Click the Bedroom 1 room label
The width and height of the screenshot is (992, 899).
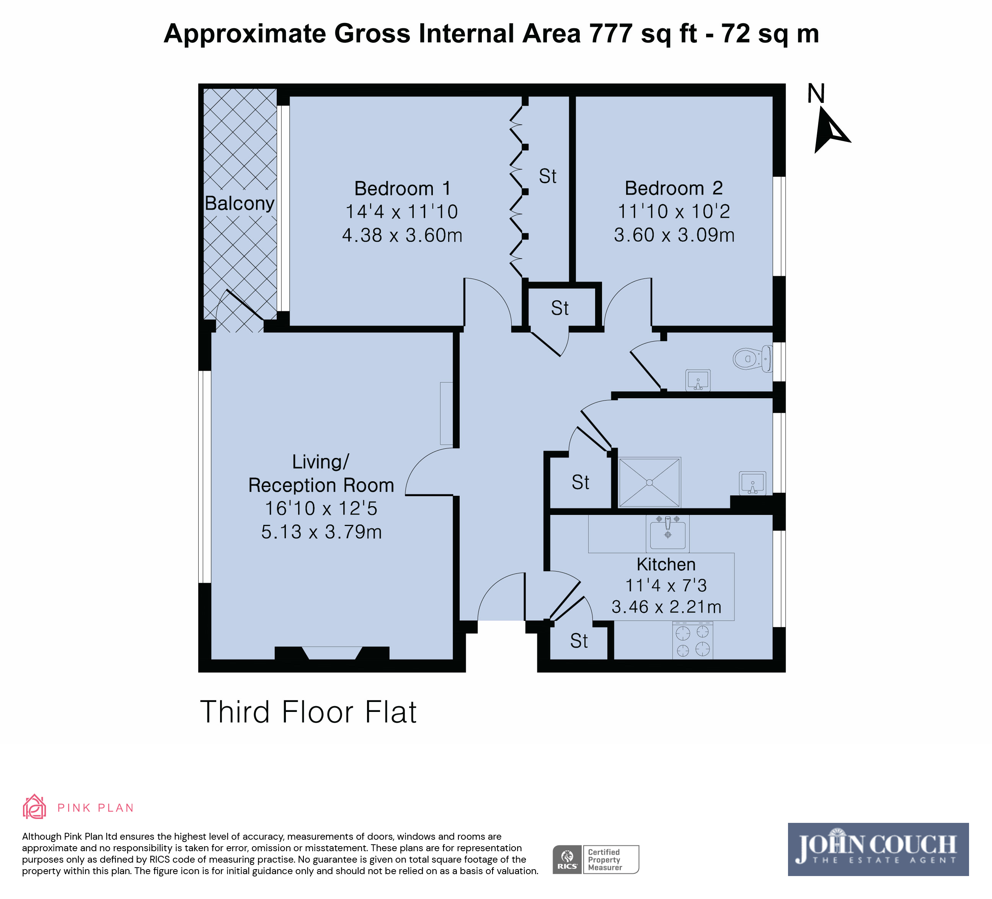[x=402, y=188]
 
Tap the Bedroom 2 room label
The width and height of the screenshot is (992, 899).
[x=674, y=188]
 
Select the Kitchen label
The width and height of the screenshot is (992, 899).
[x=666, y=564]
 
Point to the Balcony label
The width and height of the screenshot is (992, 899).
[x=239, y=203]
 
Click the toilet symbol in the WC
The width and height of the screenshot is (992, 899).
[x=752, y=358]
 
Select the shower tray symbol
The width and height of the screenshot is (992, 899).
[x=649, y=482]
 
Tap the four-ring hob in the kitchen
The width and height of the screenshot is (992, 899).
[x=693, y=640]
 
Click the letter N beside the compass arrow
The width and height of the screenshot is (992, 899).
[x=816, y=93]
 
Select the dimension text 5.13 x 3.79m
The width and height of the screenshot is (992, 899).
[x=321, y=532]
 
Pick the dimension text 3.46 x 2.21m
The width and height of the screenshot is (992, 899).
[x=666, y=607]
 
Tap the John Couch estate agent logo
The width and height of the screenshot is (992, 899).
[x=878, y=849]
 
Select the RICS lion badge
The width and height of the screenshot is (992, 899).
[x=567, y=860]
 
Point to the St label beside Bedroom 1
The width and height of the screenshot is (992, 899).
[x=548, y=176]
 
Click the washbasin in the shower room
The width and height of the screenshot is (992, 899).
[x=752, y=482]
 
